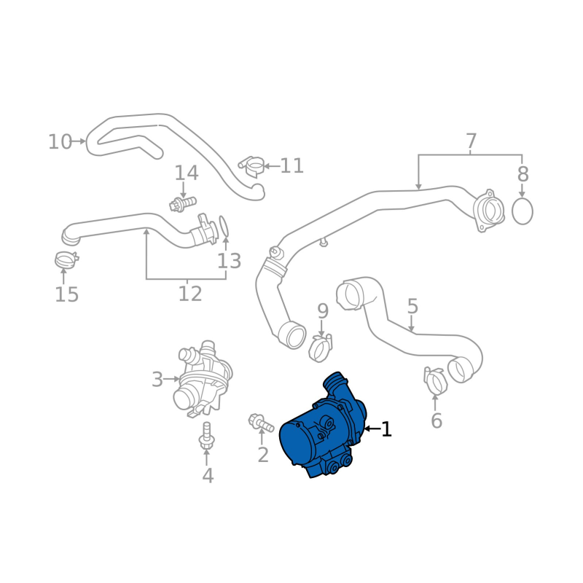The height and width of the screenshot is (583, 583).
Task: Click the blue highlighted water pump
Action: pyautogui.click(x=321, y=430)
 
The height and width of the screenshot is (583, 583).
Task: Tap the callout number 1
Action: pyautogui.click(x=386, y=429)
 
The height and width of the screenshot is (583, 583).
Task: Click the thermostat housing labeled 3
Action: pyautogui.click(x=202, y=379)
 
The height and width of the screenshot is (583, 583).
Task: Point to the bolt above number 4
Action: pyautogui.click(x=206, y=436)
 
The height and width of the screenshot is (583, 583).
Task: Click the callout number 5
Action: pyautogui.click(x=412, y=307)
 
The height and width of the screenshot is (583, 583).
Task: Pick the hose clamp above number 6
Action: pyautogui.click(x=435, y=379)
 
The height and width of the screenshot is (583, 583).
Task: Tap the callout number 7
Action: pyautogui.click(x=471, y=141)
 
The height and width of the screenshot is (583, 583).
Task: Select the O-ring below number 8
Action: pyautogui.click(x=523, y=211)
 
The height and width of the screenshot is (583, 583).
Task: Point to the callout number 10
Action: pyautogui.click(x=60, y=141)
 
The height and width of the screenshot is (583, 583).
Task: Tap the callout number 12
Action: pyautogui.click(x=189, y=294)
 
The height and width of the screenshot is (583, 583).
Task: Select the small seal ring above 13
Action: pyautogui.click(x=225, y=226)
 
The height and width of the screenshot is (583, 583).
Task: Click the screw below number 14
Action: pyautogui.click(x=183, y=202)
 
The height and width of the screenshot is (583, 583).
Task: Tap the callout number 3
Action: pyautogui.click(x=157, y=379)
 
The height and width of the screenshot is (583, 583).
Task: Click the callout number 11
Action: pyautogui.click(x=291, y=166)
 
